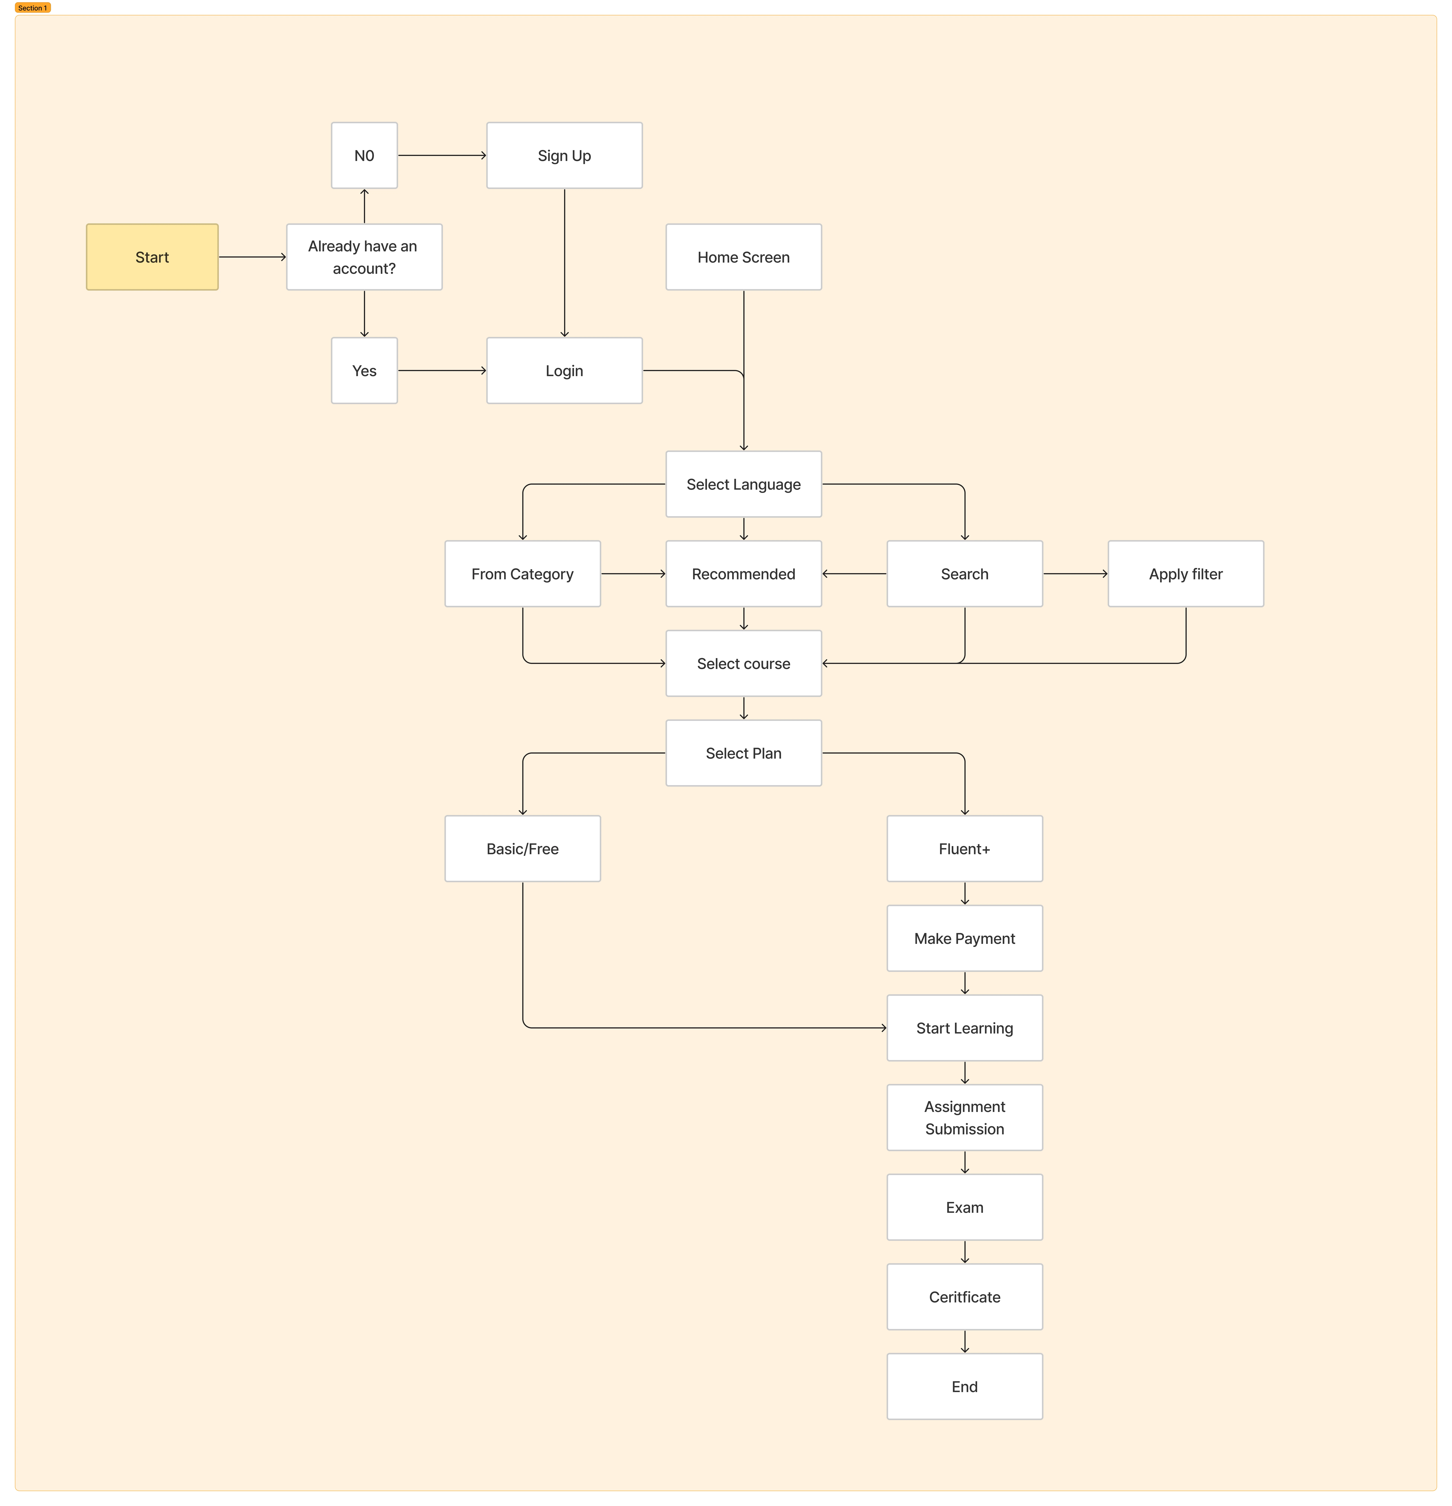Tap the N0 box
(364, 155)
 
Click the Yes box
(364, 370)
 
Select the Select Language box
(744, 484)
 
